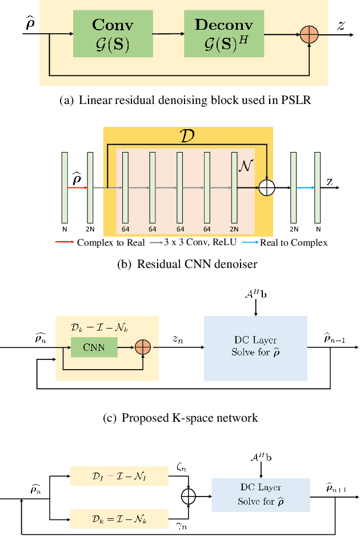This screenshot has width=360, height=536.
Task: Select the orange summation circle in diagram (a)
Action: click(309, 34)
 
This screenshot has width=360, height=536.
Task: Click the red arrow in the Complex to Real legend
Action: click(65, 242)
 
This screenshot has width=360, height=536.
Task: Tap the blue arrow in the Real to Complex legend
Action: click(247, 242)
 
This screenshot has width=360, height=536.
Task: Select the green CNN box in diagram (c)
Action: click(94, 346)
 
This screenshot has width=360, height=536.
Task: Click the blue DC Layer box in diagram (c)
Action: click(255, 348)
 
